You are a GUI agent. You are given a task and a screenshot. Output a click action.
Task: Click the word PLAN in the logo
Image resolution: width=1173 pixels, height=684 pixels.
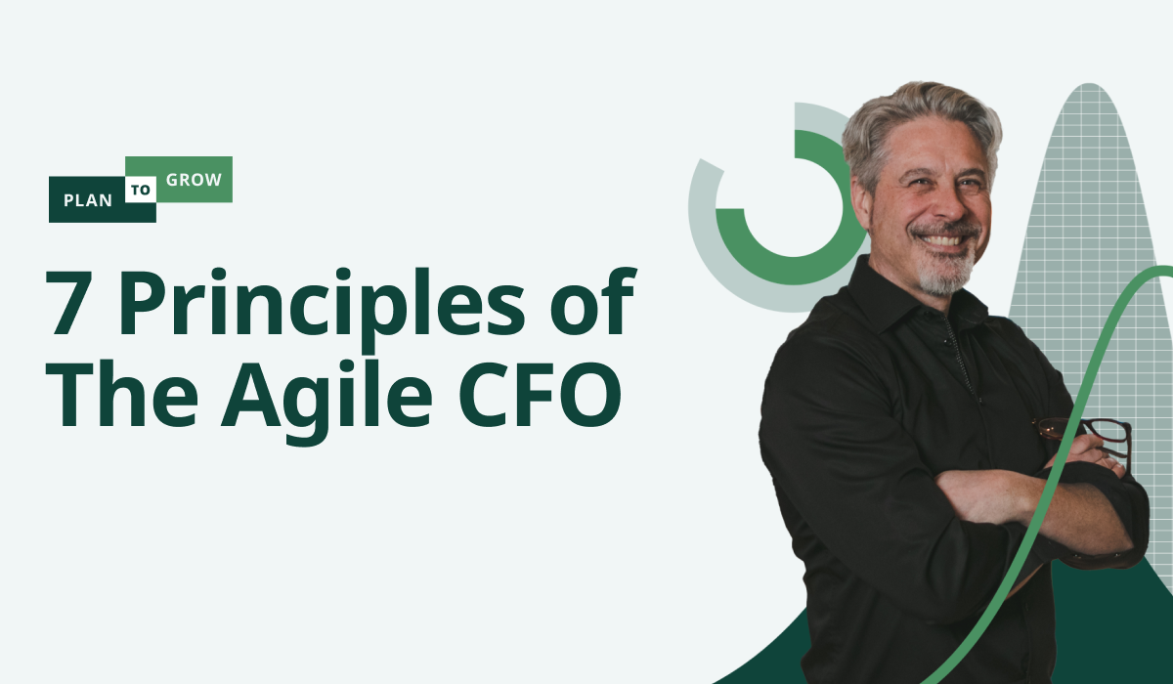click(88, 200)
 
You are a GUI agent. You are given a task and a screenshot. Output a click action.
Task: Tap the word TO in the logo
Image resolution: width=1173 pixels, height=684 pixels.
click(141, 190)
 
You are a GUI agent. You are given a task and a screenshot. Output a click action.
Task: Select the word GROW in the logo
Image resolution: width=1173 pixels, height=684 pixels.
click(194, 180)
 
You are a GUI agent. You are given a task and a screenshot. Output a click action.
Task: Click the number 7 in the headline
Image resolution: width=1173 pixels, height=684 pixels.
click(65, 303)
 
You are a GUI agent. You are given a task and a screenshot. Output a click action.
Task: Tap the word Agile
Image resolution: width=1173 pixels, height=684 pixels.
click(326, 402)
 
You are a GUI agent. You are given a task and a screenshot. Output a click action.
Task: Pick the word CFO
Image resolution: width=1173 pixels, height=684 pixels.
click(541, 394)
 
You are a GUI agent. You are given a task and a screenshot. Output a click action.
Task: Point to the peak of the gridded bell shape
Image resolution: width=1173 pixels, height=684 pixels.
click(1090, 84)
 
